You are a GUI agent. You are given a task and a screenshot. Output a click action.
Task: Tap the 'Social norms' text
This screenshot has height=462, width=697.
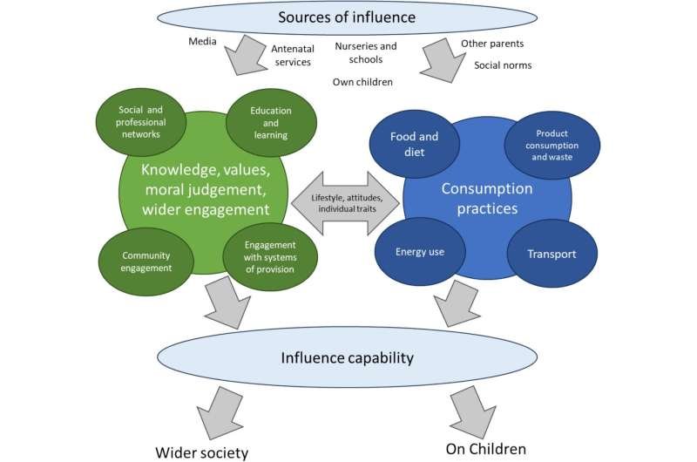(x=504, y=65)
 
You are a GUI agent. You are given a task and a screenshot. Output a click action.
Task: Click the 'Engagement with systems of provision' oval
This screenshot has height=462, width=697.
(x=270, y=256)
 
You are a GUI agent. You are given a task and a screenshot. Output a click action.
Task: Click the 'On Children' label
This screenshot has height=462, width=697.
(x=486, y=448)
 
